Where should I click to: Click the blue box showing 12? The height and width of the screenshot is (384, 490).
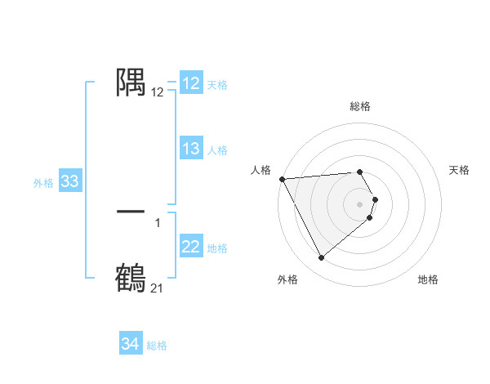[x=191, y=83]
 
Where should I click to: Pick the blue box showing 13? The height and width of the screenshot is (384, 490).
[x=191, y=149]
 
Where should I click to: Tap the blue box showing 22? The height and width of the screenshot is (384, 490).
[x=191, y=247]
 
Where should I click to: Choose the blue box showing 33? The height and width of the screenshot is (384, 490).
[x=69, y=181]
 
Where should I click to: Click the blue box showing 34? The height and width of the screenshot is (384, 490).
[x=130, y=344]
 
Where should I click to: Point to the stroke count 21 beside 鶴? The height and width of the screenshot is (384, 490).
[x=157, y=288]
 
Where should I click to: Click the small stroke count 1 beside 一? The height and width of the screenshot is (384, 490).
[x=157, y=222]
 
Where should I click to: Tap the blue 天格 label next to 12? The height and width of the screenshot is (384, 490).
[x=216, y=84]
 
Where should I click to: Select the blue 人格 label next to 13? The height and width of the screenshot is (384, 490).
[x=216, y=150]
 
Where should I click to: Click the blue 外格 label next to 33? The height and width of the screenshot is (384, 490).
[x=43, y=183]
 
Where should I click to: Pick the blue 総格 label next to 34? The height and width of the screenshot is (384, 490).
[x=157, y=346]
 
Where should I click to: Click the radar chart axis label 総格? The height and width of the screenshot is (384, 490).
[x=360, y=106]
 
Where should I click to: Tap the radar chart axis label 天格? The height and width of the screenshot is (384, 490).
[x=460, y=170]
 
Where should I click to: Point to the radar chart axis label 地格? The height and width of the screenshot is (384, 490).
[x=428, y=279]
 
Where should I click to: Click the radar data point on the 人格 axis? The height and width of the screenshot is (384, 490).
[x=282, y=178]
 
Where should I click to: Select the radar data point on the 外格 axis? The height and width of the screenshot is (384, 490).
[x=321, y=258]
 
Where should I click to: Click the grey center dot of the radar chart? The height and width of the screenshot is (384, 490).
[x=360, y=204]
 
